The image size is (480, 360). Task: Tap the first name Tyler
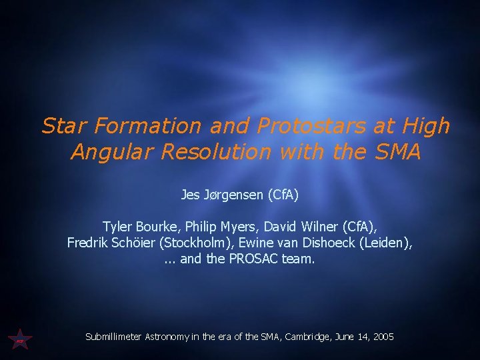coord(117,227)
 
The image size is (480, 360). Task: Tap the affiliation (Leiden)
coord(386,243)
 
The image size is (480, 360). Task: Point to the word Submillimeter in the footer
coord(114,337)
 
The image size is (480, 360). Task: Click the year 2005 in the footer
coord(383,337)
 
